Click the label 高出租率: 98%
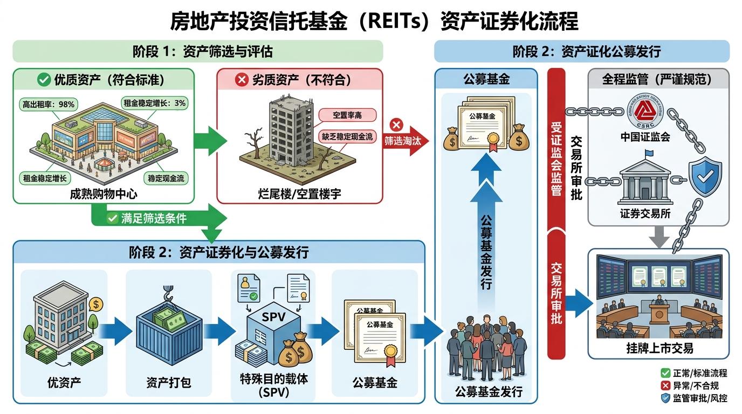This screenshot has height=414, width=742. tap(47, 104)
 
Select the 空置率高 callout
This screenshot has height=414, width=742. tap(347, 114)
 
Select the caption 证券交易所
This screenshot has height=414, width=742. tap(645, 213)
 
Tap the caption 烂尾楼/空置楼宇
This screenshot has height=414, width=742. tap(300, 193)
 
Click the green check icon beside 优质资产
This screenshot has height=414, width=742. tap(43, 80)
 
